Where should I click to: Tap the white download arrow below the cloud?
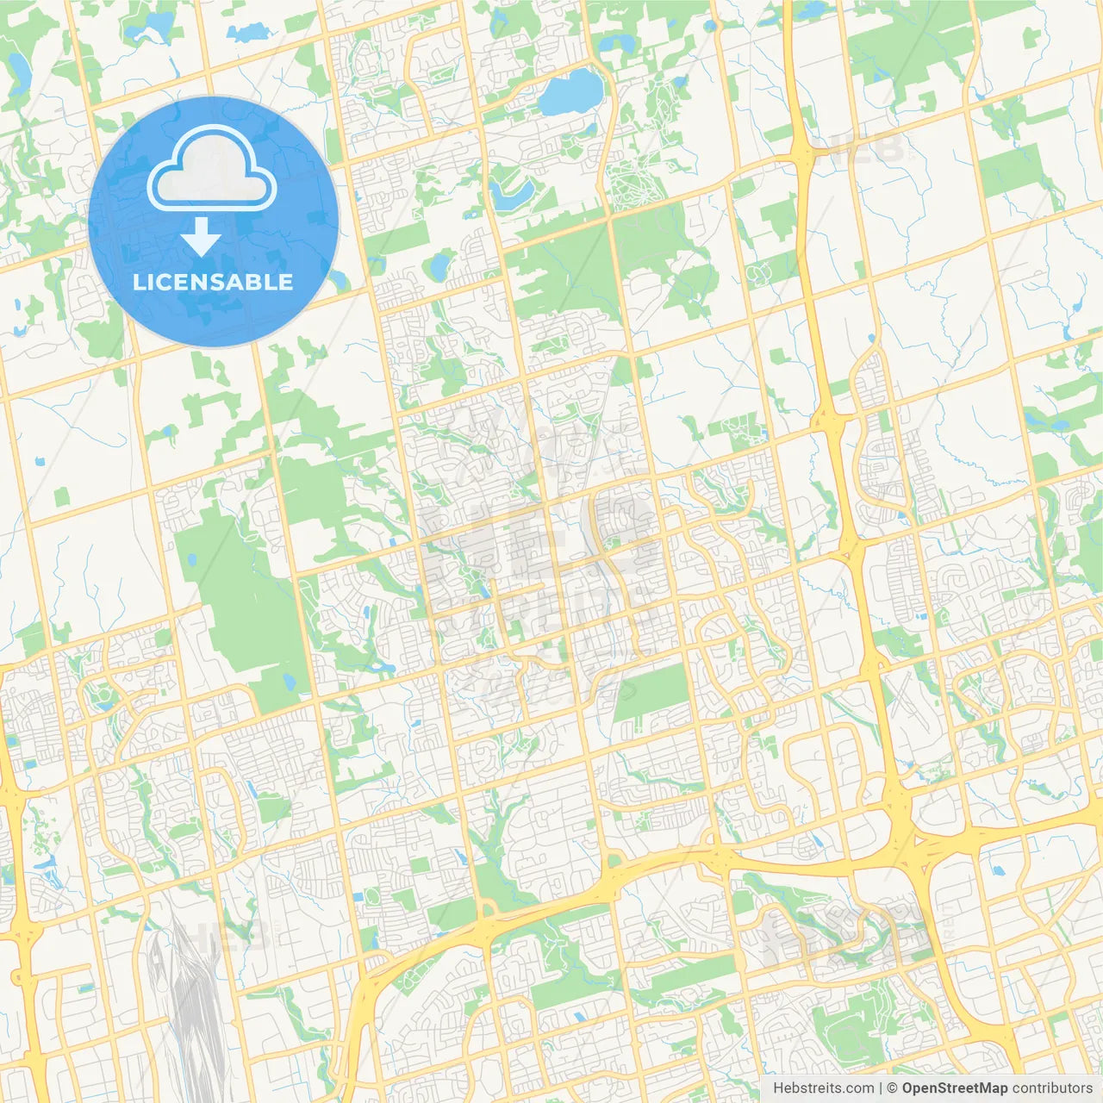[202, 237]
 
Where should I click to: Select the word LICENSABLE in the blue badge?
[213, 282]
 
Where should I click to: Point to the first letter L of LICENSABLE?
[139, 282]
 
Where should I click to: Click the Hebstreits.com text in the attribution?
[823, 1088]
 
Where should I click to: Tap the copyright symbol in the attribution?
[893, 1088]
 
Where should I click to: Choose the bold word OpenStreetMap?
[954, 1088]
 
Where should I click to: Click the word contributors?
[1052, 1088]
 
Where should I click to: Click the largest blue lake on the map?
[570, 92]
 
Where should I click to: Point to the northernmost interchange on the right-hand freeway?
[801, 155]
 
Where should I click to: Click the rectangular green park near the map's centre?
[651, 695]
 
